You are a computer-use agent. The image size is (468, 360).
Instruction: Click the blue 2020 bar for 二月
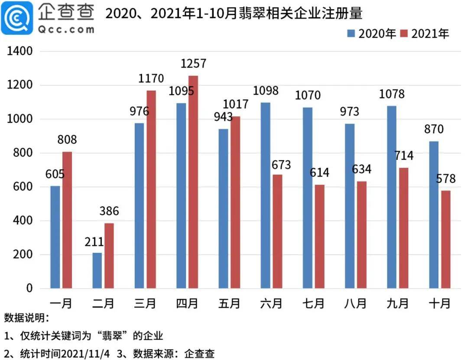click(x=97, y=271)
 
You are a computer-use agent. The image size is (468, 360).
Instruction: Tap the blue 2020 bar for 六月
click(x=265, y=195)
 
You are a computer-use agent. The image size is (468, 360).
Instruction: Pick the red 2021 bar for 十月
click(x=445, y=239)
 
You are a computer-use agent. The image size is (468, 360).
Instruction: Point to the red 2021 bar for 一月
click(x=67, y=220)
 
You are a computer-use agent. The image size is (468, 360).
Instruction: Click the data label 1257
click(x=193, y=64)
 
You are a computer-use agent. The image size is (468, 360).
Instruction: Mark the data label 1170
click(x=151, y=79)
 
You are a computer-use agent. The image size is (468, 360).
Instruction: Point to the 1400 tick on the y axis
click(x=20, y=51)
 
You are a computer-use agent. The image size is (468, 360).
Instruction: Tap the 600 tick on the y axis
click(x=23, y=187)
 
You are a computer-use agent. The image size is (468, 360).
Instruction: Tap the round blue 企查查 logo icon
click(x=16, y=18)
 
